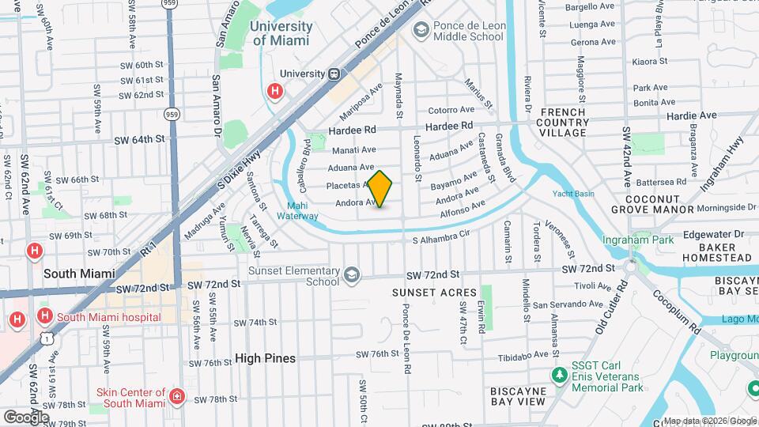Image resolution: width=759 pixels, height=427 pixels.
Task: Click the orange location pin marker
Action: pos(379,188)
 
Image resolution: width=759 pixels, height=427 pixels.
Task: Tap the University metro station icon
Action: pos(334,74)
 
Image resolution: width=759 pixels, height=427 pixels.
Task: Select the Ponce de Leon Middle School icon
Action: pos(421,30)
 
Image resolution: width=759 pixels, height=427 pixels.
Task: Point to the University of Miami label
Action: pos(281,33)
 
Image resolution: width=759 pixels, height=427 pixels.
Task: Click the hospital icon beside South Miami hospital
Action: pos(45,316)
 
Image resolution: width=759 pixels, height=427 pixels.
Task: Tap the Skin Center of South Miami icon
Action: pos(178,396)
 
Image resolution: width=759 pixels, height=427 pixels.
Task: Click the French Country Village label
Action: pos(562,123)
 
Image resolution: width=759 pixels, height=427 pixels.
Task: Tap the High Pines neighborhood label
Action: pos(265,358)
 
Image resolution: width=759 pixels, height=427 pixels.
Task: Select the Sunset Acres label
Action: pos(425,293)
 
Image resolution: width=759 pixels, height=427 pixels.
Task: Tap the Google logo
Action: pos(26,417)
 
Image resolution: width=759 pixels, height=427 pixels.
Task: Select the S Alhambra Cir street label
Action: pos(441,236)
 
